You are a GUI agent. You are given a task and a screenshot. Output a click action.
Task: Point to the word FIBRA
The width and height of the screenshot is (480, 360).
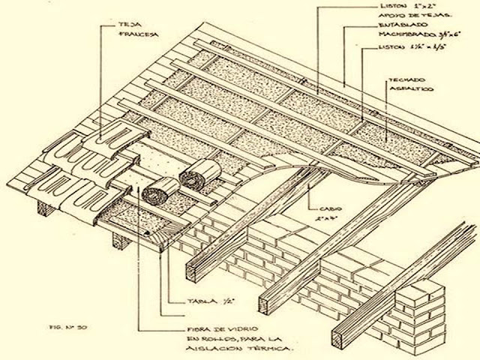(x=196, y=328)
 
